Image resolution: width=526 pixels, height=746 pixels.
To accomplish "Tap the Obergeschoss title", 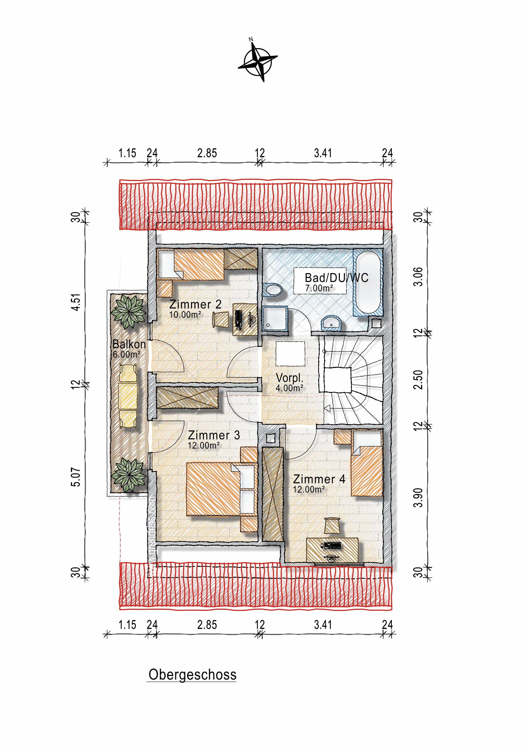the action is click(x=192, y=675).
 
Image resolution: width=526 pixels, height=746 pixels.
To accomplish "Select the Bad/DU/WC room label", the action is click(x=336, y=278).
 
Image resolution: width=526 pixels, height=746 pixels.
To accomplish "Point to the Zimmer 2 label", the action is click(x=195, y=305).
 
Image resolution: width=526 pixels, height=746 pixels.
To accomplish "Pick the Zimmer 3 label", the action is click(x=214, y=435).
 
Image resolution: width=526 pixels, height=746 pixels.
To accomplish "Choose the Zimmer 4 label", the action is click(x=319, y=479).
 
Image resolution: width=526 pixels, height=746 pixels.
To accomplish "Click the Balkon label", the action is click(x=129, y=344).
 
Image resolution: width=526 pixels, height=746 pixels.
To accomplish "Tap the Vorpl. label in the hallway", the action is click(x=289, y=378).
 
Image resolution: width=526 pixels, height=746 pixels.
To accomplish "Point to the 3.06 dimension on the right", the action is click(x=419, y=277).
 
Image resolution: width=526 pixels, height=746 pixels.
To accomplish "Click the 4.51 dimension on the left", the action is click(x=76, y=302).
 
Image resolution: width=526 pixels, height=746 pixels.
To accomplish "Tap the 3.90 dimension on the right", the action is click(x=419, y=498).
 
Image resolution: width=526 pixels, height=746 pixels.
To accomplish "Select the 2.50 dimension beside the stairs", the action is click(x=419, y=379).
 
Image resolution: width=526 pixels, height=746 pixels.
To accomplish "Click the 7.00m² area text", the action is click(x=319, y=288).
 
